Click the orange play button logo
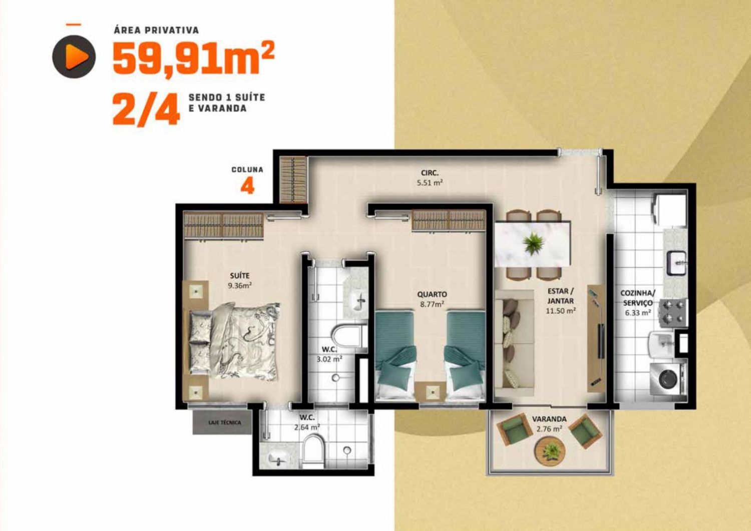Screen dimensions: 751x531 pyautogui.click(x=74, y=57)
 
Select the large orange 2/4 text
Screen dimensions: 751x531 pyautogui.click(x=146, y=109)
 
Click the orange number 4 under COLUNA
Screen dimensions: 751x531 pyautogui.click(x=247, y=186)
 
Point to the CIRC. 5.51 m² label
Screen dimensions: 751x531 pyautogui.click(x=430, y=178)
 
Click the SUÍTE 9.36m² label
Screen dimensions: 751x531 pyautogui.click(x=240, y=281)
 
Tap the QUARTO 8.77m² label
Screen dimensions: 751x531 pyautogui.click(x=432, y=299)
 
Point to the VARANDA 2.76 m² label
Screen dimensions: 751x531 pyautogui.click(x=549, y=423)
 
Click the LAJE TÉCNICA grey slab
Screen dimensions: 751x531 pyautogui.click(x=222, y=422)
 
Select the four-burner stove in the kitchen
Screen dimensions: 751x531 pyautogui.click(x=673, y=310)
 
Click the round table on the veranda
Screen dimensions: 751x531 pyautogui.click(x=550, y=451)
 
